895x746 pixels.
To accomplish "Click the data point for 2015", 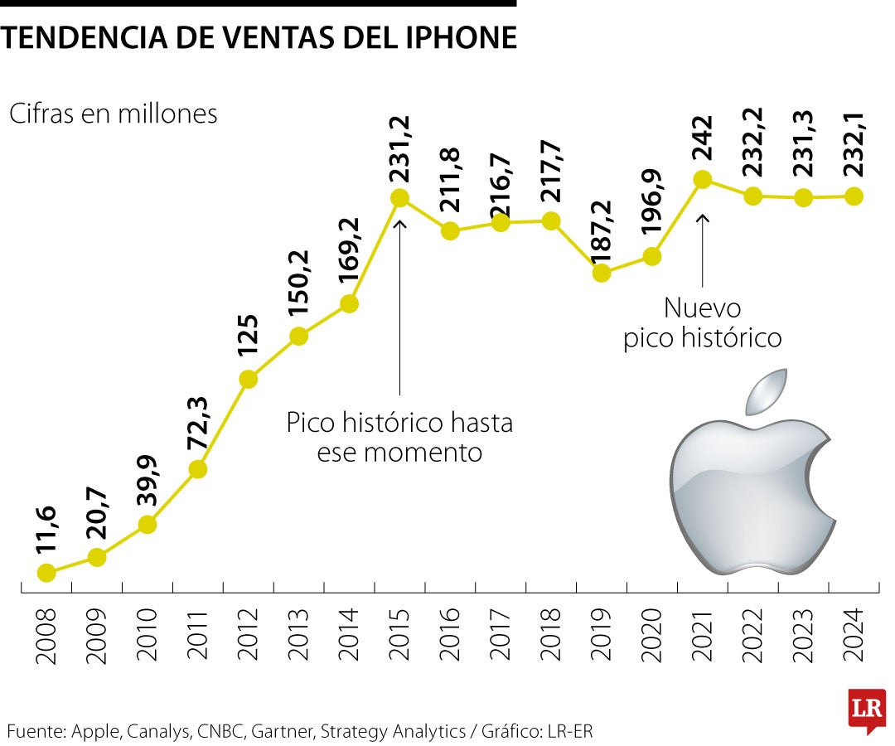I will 399,198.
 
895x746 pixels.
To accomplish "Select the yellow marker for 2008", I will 47,572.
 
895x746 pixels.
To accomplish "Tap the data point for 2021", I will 703,179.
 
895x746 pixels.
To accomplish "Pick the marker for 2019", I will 602,272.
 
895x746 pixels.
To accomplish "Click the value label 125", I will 248,336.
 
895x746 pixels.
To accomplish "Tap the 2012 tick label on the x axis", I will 249,634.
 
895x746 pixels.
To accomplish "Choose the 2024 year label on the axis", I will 854,634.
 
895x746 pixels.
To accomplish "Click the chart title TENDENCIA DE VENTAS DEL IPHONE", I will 259,38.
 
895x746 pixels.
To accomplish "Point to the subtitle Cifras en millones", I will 113,114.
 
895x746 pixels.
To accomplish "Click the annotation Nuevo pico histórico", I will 703,323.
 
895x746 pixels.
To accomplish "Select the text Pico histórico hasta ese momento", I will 399,438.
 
